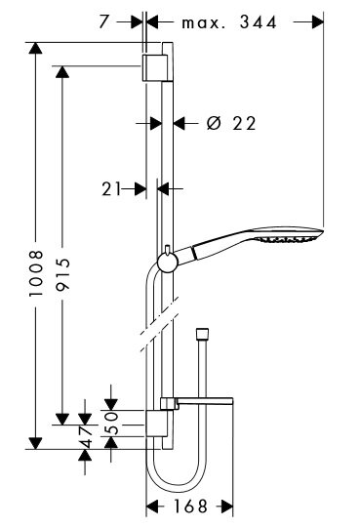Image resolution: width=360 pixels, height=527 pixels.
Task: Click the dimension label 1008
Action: [36, 272]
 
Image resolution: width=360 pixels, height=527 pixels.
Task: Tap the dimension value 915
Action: [62, 274]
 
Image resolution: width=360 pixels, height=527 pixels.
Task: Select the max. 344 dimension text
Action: [229, 22]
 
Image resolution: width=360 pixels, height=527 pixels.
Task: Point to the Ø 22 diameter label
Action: [231, 123]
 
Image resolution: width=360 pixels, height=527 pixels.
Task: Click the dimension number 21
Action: [111, 189]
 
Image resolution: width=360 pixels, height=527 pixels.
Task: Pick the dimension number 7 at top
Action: [104, 22]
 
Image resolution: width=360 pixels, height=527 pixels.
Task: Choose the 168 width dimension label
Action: [190, 506]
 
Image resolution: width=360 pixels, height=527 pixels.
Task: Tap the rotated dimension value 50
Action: [111, 424]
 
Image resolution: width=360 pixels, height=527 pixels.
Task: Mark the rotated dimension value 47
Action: [86, 437]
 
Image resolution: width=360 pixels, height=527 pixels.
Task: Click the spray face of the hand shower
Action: [289, 239]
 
